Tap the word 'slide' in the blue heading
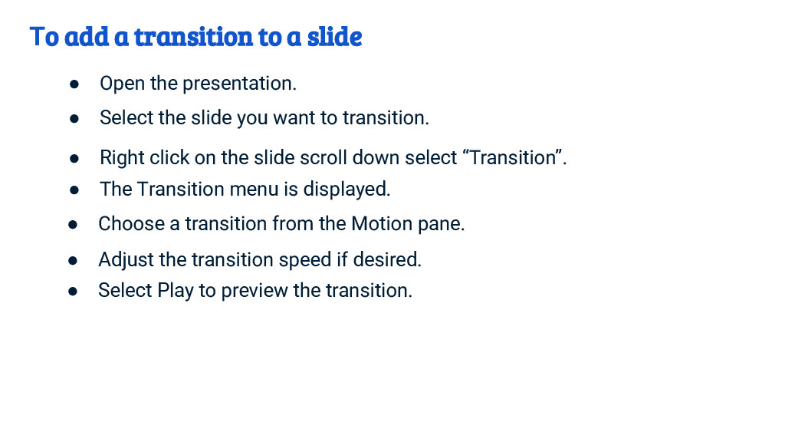pos(334,36)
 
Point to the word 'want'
pos(294,118)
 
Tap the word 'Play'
pos(176,291)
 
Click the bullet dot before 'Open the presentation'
pos(75,84)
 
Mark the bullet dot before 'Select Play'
pos(73,292)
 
